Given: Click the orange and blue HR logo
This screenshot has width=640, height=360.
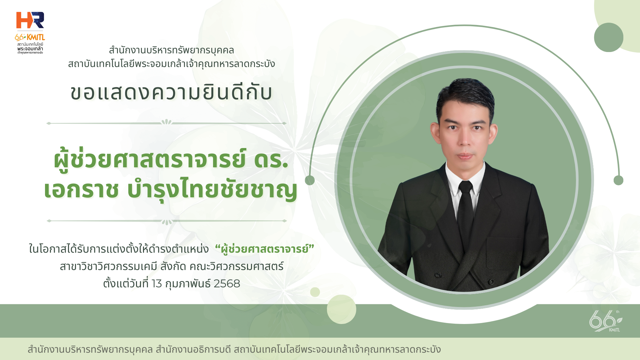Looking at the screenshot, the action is coord(30,20).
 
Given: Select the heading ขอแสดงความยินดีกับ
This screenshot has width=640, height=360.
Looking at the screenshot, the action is coord(171,92).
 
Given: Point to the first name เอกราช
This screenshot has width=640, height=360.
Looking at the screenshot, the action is coord(81,189).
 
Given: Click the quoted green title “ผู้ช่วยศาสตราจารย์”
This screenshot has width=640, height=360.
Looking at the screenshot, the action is coord(265,249).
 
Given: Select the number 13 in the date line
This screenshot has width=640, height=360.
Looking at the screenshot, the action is coord(157,284).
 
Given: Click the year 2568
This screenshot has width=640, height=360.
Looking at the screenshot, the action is coord(227,284).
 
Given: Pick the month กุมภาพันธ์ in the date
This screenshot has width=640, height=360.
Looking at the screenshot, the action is coord(188,284).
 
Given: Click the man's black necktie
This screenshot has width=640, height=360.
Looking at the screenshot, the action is coord(465,210).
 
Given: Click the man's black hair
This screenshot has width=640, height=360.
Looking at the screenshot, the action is coord(465,95).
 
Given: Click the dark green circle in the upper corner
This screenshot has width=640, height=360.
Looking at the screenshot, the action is coord(609,37).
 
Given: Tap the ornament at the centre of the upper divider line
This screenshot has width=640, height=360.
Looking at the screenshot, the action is coord(166,122).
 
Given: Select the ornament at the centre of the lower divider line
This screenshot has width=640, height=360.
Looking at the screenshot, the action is coord(167,222).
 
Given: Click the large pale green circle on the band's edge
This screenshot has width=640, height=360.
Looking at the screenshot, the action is coord(341,309).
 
